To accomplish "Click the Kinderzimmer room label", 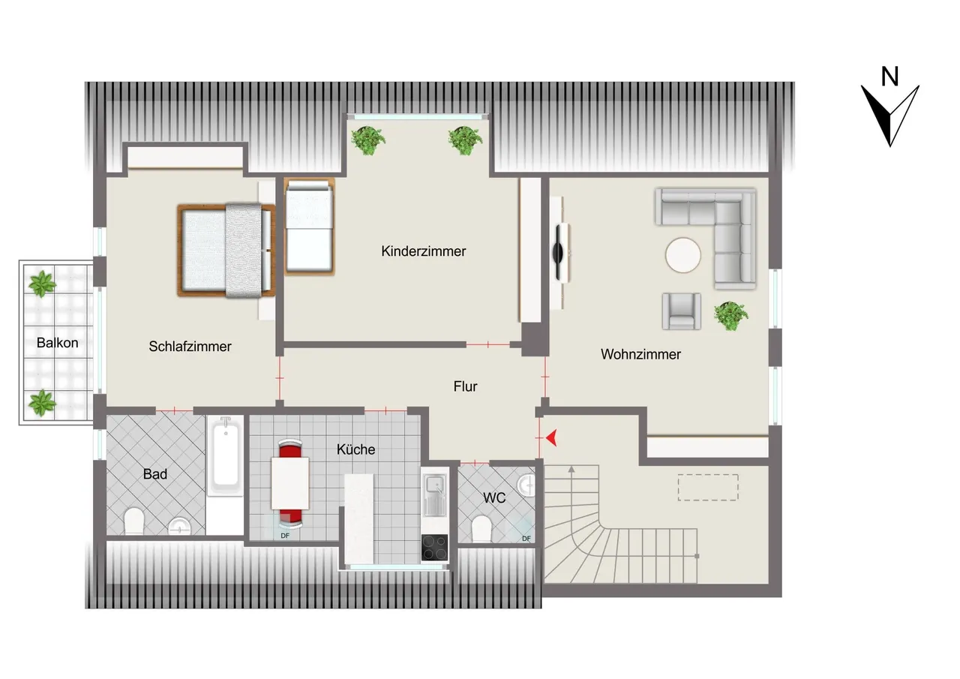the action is [424, 251].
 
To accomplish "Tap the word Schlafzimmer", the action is [190, 347].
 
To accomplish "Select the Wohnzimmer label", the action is [640, 354].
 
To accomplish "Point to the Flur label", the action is [466, 386].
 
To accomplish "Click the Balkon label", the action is [58, 343].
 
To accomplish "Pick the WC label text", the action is [494, 497].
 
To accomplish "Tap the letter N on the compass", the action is [889, 77].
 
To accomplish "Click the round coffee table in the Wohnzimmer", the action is [683, 256].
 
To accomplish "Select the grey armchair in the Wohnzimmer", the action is [682, 311].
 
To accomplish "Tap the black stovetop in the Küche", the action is [434, 548].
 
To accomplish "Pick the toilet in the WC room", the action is [481, 529].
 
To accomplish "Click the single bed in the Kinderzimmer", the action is [310, 227].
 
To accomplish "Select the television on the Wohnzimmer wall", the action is [559, 253].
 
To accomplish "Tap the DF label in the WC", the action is [526, 539].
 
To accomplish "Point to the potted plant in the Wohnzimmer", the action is [730, 316].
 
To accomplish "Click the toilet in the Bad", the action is [133, 521].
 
